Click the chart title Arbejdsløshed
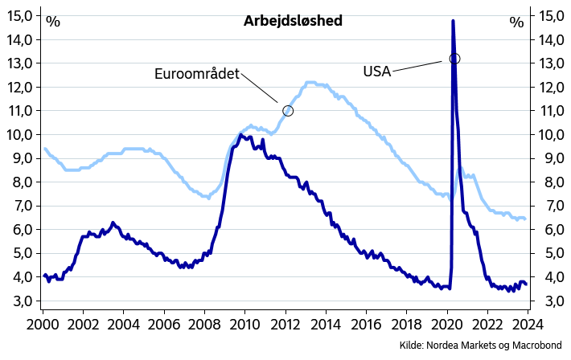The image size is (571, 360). pos(293,21)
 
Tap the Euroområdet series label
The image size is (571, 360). pos(197,74)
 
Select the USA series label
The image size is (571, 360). pos(376,72)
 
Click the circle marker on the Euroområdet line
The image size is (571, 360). pos(288,111)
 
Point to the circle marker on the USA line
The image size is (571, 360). pos(454,59)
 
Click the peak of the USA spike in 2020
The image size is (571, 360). pos(453,21)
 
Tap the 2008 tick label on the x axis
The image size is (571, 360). pos(204,326)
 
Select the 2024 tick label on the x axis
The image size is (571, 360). pos(528,326)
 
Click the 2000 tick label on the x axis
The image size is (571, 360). pos(43,326)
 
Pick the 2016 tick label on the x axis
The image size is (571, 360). pos(366,326)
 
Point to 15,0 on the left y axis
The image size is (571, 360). pos(19,15)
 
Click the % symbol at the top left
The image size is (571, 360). pos(53,22)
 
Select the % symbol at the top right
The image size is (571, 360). pos(516,22)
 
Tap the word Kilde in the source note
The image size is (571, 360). pos(412,346)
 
